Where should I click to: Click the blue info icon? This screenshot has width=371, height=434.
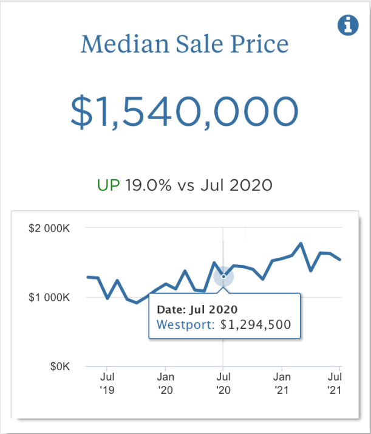[348, 26]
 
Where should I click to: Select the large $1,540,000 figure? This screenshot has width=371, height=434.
[185, 111]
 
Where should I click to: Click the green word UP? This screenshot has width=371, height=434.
[109, 185]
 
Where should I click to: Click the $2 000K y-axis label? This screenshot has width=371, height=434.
[50, 229]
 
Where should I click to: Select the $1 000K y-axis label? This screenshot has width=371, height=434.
[50, 298]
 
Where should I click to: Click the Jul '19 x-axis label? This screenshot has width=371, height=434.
[107, 382]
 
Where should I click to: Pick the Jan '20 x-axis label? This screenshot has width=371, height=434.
[165, 382]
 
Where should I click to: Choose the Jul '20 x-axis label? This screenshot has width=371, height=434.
[223, 382]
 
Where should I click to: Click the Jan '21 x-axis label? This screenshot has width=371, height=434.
[281, 382]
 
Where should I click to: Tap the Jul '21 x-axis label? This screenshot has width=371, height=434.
[335, 382]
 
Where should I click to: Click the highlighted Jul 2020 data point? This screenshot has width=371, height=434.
[223, 277]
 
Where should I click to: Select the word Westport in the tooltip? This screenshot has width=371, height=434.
[185, 324]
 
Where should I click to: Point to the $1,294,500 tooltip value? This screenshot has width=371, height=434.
[256, 324]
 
